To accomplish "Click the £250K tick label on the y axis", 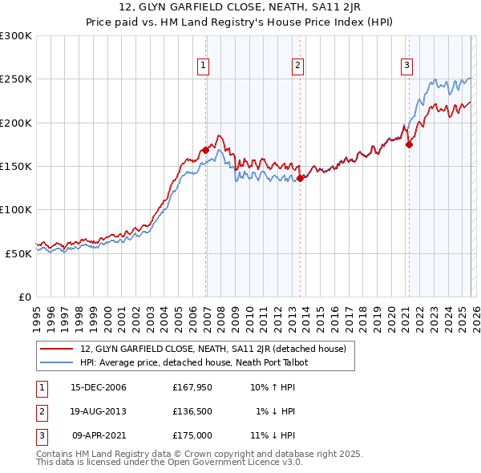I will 16,79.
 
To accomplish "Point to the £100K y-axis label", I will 16,209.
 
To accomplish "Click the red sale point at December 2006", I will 206,150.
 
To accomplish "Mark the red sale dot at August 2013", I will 300,178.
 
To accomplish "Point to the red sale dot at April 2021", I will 409,145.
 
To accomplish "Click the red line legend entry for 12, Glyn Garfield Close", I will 212,349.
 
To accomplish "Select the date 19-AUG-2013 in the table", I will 99,411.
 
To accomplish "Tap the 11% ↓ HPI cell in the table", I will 273,435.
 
